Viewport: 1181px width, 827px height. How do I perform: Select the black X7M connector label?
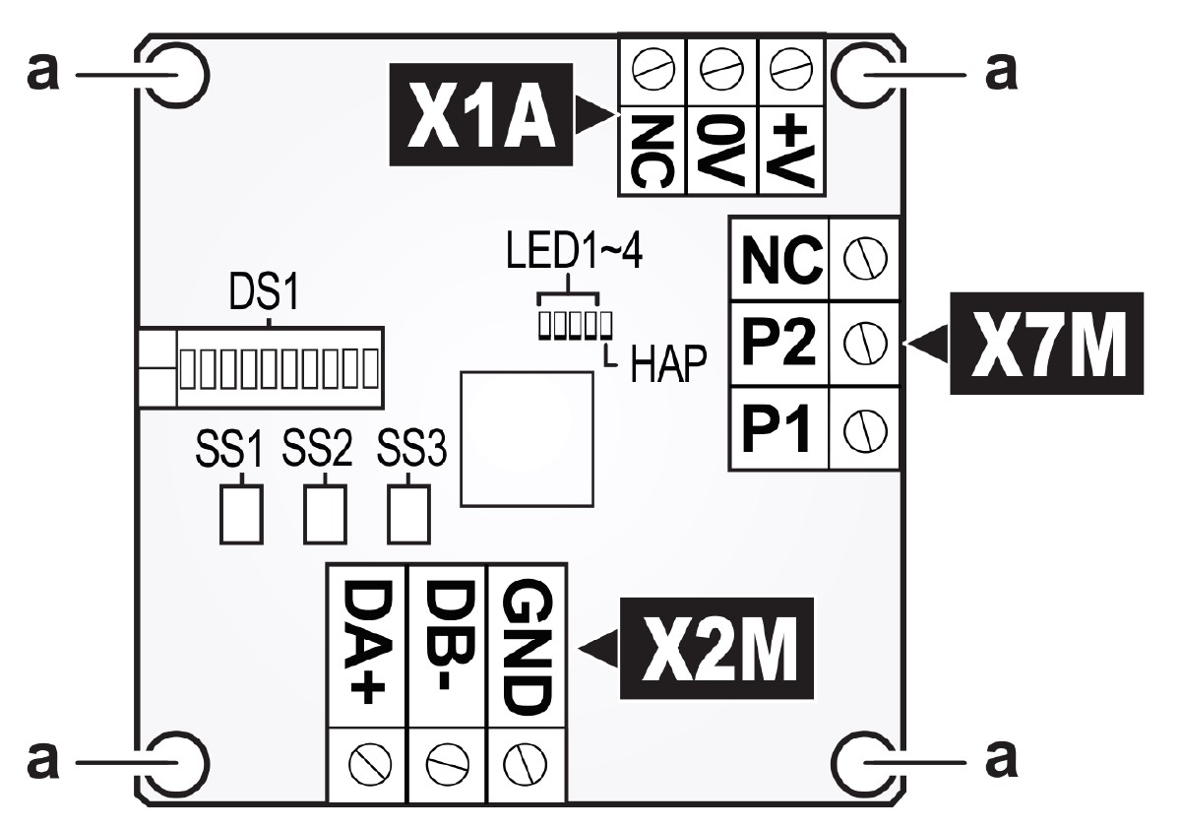pyautogui.click(x=1045, y=344)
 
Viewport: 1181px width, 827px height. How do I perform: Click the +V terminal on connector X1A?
pyautogui.click(x=792, y=148)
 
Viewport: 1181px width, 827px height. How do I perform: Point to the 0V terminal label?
pyautogui.click(x=721, y=148)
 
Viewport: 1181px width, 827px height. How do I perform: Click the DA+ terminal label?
pyautogui.click(x=364, y=646)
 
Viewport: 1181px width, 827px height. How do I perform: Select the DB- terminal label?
pyautogui.click(x=446, y=646)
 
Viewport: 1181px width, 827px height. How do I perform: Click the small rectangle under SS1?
pyautogui.click(x=241, y=513)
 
